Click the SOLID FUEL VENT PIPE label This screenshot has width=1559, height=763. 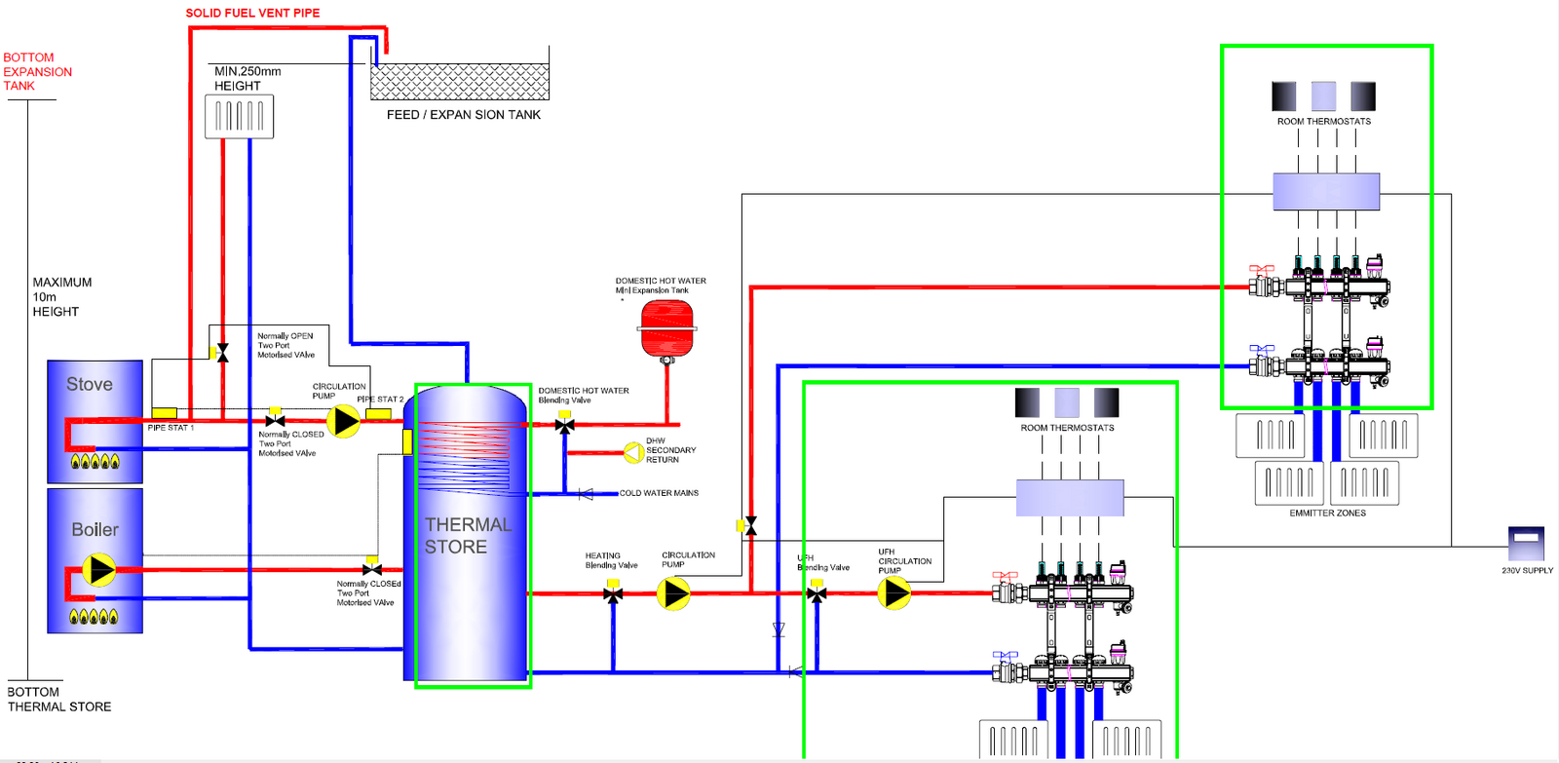(252, 13)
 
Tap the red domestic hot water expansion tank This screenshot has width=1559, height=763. (666, 327)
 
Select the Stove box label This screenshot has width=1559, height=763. (90, 385)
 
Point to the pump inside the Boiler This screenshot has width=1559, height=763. (98, 569)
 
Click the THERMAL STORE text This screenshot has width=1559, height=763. (468, 536)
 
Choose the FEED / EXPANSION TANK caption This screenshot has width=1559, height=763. (463, 115)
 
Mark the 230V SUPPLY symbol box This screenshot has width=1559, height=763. (1526, 543)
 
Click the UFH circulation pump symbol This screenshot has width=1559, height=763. (894, 592)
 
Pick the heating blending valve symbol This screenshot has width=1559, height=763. (613, 593)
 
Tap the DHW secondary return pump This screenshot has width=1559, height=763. (634, 452)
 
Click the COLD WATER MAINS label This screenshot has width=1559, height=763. (659, 493)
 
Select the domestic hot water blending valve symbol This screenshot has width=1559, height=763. (564, 425)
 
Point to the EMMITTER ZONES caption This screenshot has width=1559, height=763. (1327, 514)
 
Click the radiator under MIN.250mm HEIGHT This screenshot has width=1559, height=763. (239, 117)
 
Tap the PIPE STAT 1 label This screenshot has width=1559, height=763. (171, 428)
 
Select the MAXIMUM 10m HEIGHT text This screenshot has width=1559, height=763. (61, 297)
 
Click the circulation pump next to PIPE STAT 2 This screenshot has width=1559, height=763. (343, 421)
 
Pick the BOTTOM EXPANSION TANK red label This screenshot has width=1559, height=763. (37, 72)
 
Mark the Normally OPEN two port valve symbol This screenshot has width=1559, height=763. (223, 353)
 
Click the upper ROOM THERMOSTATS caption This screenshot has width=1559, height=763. (1323, 122)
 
